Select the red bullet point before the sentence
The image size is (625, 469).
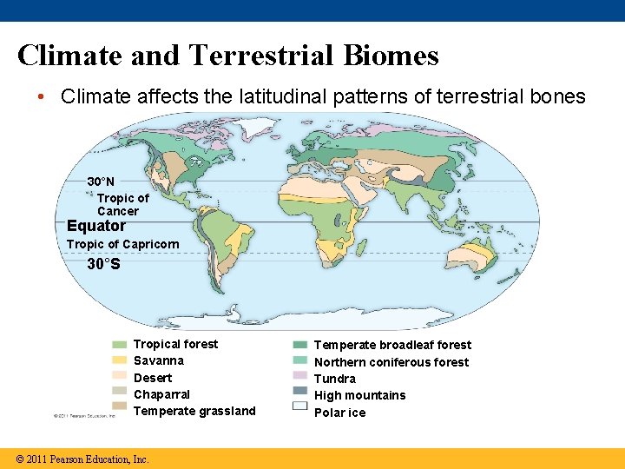coord(42,96)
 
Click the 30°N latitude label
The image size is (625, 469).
coord(101,182)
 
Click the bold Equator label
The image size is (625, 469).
coord(96,226)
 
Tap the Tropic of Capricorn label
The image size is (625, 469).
coord(122,244)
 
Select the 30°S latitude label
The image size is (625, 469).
coord(104,263)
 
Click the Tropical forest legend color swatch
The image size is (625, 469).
coord(119,345)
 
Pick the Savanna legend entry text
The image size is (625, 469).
coord(159,360)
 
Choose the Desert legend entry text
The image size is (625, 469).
coord(153,378)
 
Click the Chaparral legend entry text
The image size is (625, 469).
coord(161,394)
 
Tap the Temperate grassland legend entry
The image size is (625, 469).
coord(194,411)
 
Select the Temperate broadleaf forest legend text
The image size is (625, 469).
coord(392,345)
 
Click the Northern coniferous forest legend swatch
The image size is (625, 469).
coord(300,361)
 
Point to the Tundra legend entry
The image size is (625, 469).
coord(335,379)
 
